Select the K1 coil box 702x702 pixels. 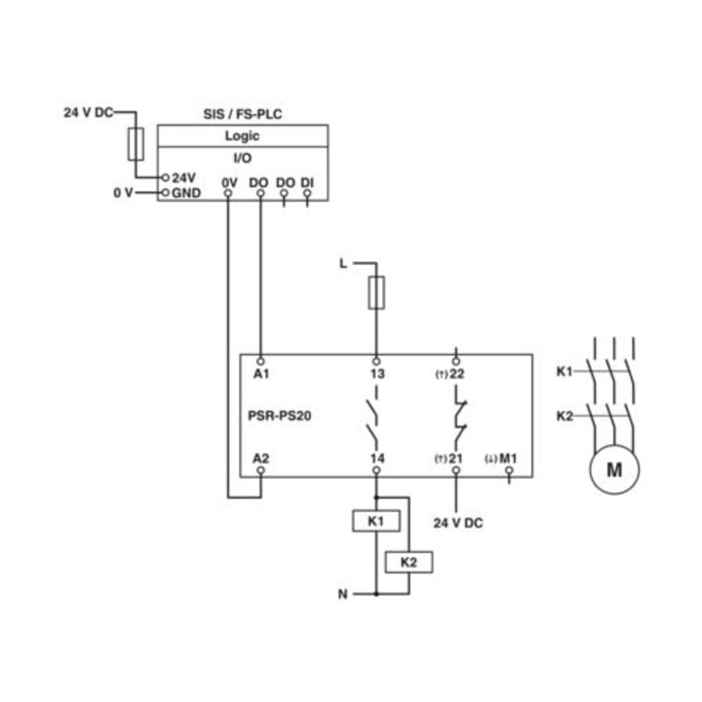tap(376, 521)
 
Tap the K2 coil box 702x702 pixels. tap(409, 563)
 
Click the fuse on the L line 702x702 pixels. tap(376, 293)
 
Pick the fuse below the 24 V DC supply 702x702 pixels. tap(136, 144)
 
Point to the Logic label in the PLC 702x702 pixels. tap(242, 136)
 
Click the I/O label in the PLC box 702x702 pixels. tap(243, 158)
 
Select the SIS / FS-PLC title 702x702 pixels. tap(243, 114)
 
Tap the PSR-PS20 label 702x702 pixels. tap(280, 416)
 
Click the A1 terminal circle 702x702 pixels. tap(260, 361)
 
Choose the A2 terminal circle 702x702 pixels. tap(260, 470)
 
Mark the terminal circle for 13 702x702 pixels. tap(376, 361)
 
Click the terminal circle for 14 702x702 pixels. tap(376, 470)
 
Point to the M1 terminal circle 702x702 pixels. tap(509, 470)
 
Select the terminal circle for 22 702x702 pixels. tap(456, 361)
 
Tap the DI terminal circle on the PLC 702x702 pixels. tap(307, 193)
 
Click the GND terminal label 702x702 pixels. tap(186, 193)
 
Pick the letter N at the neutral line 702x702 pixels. tap(342, 594)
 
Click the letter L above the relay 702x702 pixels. tap(343, 263)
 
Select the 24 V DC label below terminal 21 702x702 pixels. tap(458, 523)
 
